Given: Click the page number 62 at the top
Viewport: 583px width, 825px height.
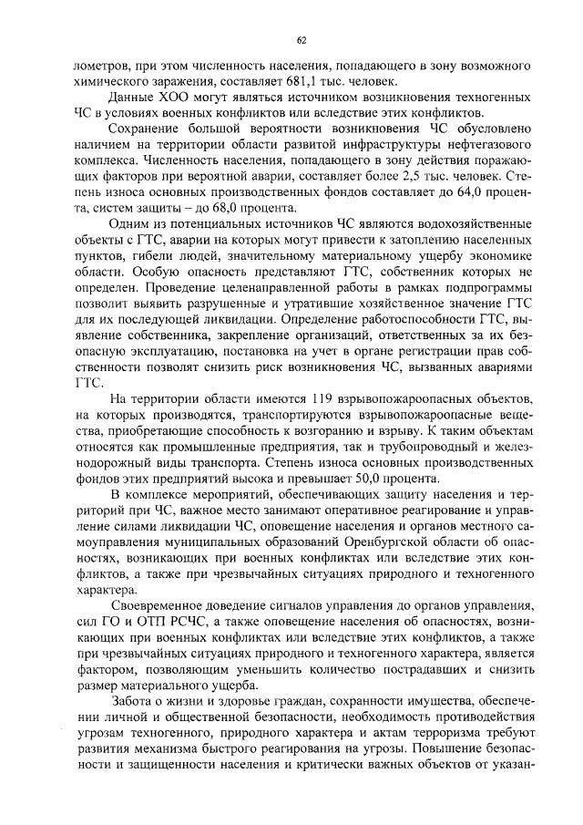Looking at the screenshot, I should (301, 40).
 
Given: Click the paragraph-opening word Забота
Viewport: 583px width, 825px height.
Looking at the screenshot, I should (135, 700).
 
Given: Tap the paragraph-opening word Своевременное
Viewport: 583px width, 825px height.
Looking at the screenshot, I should (159, 605).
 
